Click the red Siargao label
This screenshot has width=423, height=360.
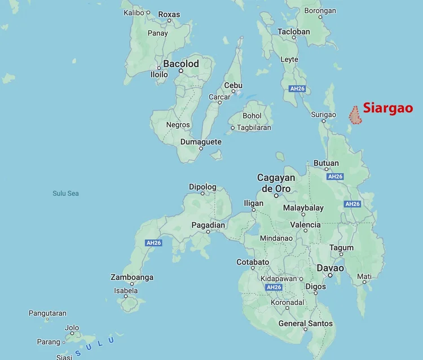tap(387, 108)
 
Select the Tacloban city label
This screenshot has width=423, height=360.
tap(294, 32)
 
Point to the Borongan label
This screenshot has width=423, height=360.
tap(320, 11)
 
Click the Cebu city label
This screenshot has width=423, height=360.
tap(233, 85)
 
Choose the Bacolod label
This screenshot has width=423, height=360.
tap(181, 64)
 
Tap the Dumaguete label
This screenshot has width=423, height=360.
tap(201, 142)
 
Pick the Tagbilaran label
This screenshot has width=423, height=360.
tap(253, 128)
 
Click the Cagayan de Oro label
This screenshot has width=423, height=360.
tap(276, 183)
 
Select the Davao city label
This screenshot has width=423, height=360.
tap(330, 268)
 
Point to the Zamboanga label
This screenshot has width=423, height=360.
tap(132, 277)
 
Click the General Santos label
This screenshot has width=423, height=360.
tap(305, 323)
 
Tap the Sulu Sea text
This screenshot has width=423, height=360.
tap(65, 194)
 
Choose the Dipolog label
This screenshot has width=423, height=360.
tap(202, 187)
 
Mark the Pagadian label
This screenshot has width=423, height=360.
tap(208, 225)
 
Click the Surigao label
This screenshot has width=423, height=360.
tap(323, 115)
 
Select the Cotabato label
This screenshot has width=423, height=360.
tap(253, 262)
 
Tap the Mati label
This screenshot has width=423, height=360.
tap(364, 276)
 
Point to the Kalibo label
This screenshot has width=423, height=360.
tap(134, 12)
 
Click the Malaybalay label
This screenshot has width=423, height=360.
tap(303, 208)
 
